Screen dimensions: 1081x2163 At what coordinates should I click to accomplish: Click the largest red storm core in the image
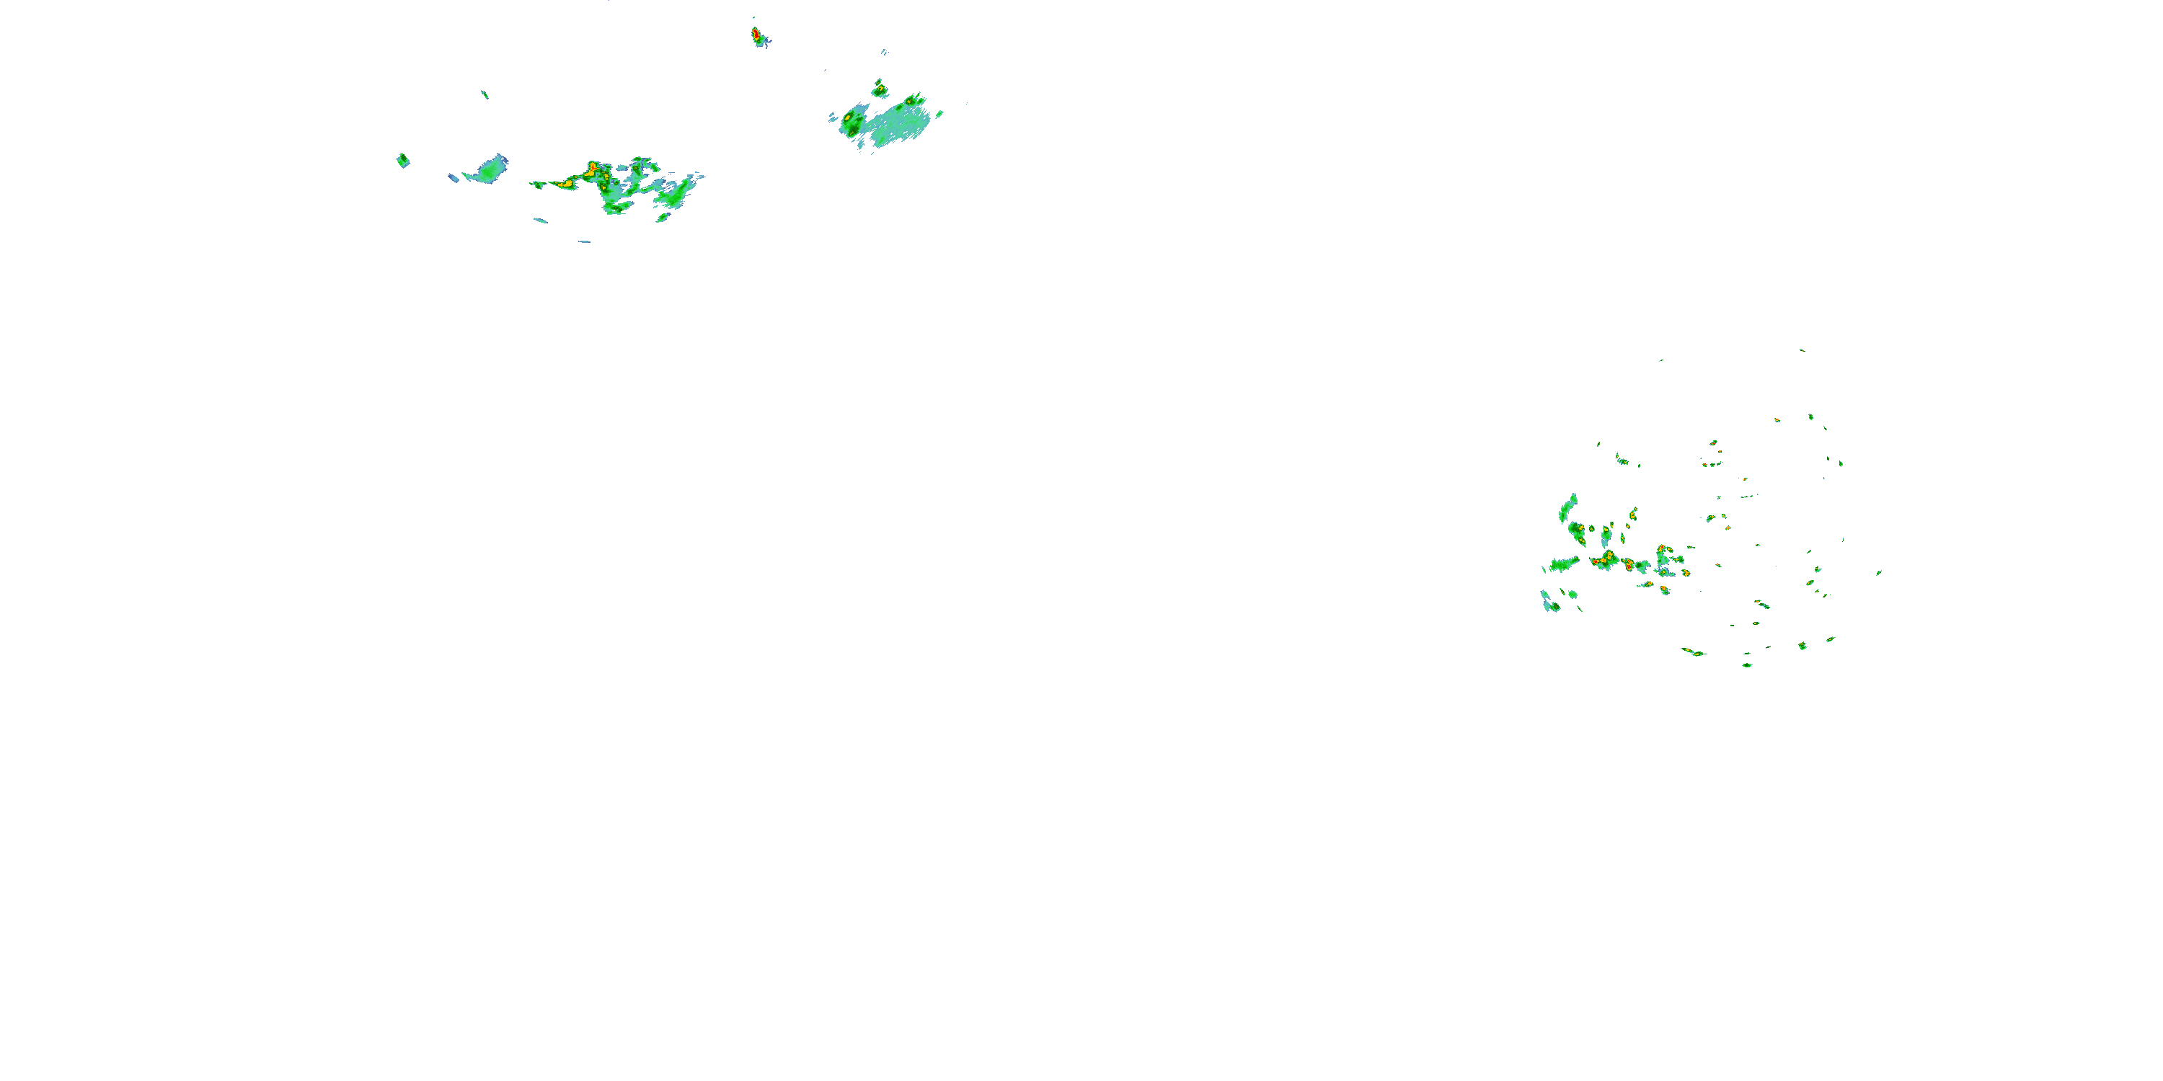tap(756, 35)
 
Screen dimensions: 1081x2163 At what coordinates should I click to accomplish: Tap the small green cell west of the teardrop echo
tap(403, 160)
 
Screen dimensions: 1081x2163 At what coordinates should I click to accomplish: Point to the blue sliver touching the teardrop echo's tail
tap(454, 178)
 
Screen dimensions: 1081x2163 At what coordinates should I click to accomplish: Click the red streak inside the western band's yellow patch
tap(593, 167)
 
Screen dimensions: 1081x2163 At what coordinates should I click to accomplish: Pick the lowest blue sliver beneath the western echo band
tap(583, 241)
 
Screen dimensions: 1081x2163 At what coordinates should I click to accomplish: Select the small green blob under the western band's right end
tap(663, 218)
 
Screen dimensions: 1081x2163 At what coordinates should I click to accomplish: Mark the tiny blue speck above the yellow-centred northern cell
tap(883, 52)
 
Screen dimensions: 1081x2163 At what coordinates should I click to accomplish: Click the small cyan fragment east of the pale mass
tap(939, 114)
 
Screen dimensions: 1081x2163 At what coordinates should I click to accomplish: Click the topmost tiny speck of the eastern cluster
tap(1801, 350)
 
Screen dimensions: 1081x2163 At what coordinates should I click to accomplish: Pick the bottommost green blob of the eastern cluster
tap(1746, 664)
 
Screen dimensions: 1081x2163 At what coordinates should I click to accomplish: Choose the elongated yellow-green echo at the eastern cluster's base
tap(1693, 651)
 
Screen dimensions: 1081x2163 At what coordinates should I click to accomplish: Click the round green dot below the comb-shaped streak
tap(1573, 595)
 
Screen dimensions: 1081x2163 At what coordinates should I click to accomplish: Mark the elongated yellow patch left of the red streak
tap(565, 183)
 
